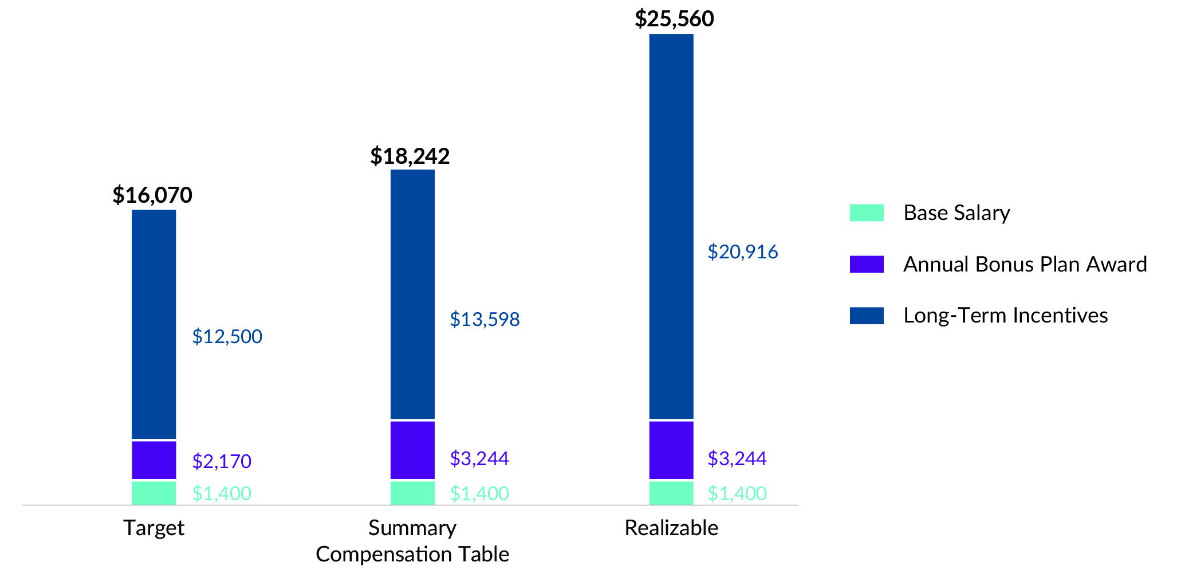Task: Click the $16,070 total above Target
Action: [x=152, y=195]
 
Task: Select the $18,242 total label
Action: [x=410, y=156]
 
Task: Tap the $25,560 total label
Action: [x=674, y=19]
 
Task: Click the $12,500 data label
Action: [x=227, y=336]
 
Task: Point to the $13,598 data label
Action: [x=485, y=319]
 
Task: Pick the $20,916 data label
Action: [x=742, y=251]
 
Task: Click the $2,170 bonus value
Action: [x=222, y=461]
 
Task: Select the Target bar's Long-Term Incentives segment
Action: [x=153, y=324]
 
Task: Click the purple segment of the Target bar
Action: [x=153, y=459]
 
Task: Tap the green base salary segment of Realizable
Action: [x=671, y=493]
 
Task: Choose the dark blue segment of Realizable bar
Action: [x=671, y=226]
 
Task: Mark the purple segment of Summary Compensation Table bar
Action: [x=412, y=450]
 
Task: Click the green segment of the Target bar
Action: [x=153, y=493]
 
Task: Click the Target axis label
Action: [x=153, y=528]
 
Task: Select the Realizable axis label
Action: [x=671, y=528]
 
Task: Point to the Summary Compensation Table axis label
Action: [x=412, y=541]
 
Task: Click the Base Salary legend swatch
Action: [x=866, y=213]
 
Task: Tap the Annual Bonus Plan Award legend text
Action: [x=1025, y=264]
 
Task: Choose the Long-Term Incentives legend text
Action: [x=1005, y=316]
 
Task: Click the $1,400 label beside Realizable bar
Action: [x=737, y=493]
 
